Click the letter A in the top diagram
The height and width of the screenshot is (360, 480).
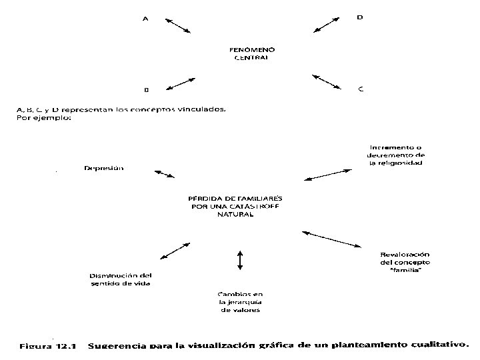pyautogui.click(x=146, y=19)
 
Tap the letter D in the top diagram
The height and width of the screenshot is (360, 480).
pyautogui.click(x=360, y=18)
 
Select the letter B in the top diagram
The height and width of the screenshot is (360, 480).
pyautogui.click(x=146, y=89)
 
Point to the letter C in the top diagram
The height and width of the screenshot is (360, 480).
pyautogui.click(x=361, y=88)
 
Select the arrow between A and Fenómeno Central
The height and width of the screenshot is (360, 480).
pyautogui.click(x=177, y=25)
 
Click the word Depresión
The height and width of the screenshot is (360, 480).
pyautogui.click(x=103, y=168)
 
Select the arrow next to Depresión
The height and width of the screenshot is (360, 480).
pyautogui.click(x=163, y=172)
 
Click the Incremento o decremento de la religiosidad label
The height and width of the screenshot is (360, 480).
pyautogui.click(x=397, y=155)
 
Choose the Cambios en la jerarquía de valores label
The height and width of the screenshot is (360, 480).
pyautogui.click(x=240, y=301)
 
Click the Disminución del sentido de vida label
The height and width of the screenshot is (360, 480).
pyautogui.click(x=121, y=279)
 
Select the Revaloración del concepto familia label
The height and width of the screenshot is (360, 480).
pyautogui.click(x=403, y=261)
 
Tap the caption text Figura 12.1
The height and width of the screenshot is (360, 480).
pyautogui.click(x=49, y=345)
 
